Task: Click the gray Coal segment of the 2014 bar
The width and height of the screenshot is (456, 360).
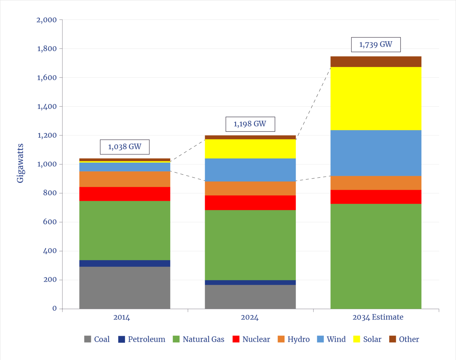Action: [x=125, y=287]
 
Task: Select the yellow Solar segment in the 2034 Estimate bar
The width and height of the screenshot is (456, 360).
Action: [x=376, y=99]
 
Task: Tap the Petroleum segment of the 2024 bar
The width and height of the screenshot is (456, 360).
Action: [x=250, y=282]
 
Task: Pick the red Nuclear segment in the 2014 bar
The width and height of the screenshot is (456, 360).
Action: [x=125, y=194]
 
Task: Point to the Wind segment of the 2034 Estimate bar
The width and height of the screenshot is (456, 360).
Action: [x=376, y=153]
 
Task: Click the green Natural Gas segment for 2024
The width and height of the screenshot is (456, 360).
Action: [x=250, y=245]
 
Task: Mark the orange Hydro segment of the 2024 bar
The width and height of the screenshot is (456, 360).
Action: [x=250, y=189]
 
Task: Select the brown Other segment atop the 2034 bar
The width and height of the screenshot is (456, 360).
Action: [x=376, y=61]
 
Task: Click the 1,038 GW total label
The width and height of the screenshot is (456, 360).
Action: [x=125, y=147]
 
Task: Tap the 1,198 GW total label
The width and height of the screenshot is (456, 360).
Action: [x=250, y=124]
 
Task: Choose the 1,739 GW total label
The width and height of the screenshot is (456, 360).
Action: [x=376, y=45]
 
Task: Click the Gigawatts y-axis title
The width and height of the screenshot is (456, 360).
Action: [x=20, y=163]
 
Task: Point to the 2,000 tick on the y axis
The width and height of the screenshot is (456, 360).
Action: [x=47, y=20]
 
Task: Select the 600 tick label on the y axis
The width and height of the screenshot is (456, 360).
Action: [x=50, y=222]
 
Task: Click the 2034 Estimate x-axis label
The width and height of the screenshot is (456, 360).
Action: [x=378, y=317]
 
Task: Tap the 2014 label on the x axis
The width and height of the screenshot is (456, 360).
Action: [x=122, y=318]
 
